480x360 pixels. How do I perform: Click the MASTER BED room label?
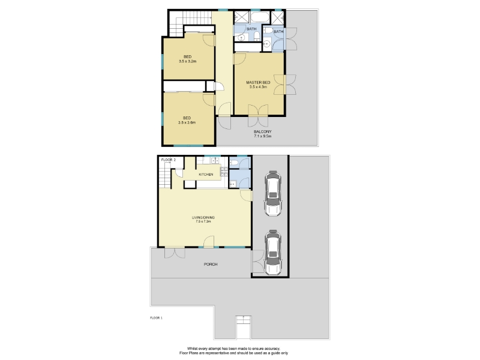point(258,82)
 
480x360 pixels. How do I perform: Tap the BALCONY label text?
point(263,131)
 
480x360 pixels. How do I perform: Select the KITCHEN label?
point(206,175)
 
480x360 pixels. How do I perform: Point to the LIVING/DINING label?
point(203,217)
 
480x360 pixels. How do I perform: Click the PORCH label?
point(211,264)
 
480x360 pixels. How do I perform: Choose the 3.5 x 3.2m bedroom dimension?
point(188,61)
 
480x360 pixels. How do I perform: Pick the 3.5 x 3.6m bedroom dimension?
point(187,122)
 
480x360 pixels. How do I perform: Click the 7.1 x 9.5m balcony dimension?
point(263,136)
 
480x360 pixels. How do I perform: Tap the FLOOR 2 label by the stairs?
point(169,160)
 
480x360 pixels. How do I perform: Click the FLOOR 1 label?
point(156,318)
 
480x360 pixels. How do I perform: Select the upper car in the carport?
point(273,193)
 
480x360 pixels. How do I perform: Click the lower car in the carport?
point(273,252)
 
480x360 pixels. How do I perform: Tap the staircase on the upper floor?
point(190,22)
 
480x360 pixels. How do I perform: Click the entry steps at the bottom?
point(244,327)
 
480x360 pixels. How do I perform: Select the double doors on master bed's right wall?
point(285,84)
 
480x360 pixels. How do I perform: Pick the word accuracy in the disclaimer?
point(272,349)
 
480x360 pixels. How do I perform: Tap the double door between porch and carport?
point(258,261)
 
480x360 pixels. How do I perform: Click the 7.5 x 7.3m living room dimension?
point(203,221)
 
